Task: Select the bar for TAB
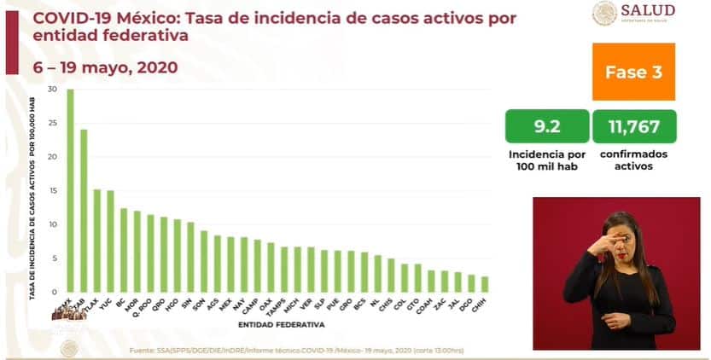[84, 210]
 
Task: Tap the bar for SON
[203, 261]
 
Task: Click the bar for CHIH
[484, 284]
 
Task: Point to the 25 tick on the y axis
[53, 124]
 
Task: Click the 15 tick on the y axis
[53, 191]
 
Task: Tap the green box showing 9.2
[546, 126]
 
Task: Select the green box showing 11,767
[633, 126]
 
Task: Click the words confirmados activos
[633, 160]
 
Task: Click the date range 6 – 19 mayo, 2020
[93, 67]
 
